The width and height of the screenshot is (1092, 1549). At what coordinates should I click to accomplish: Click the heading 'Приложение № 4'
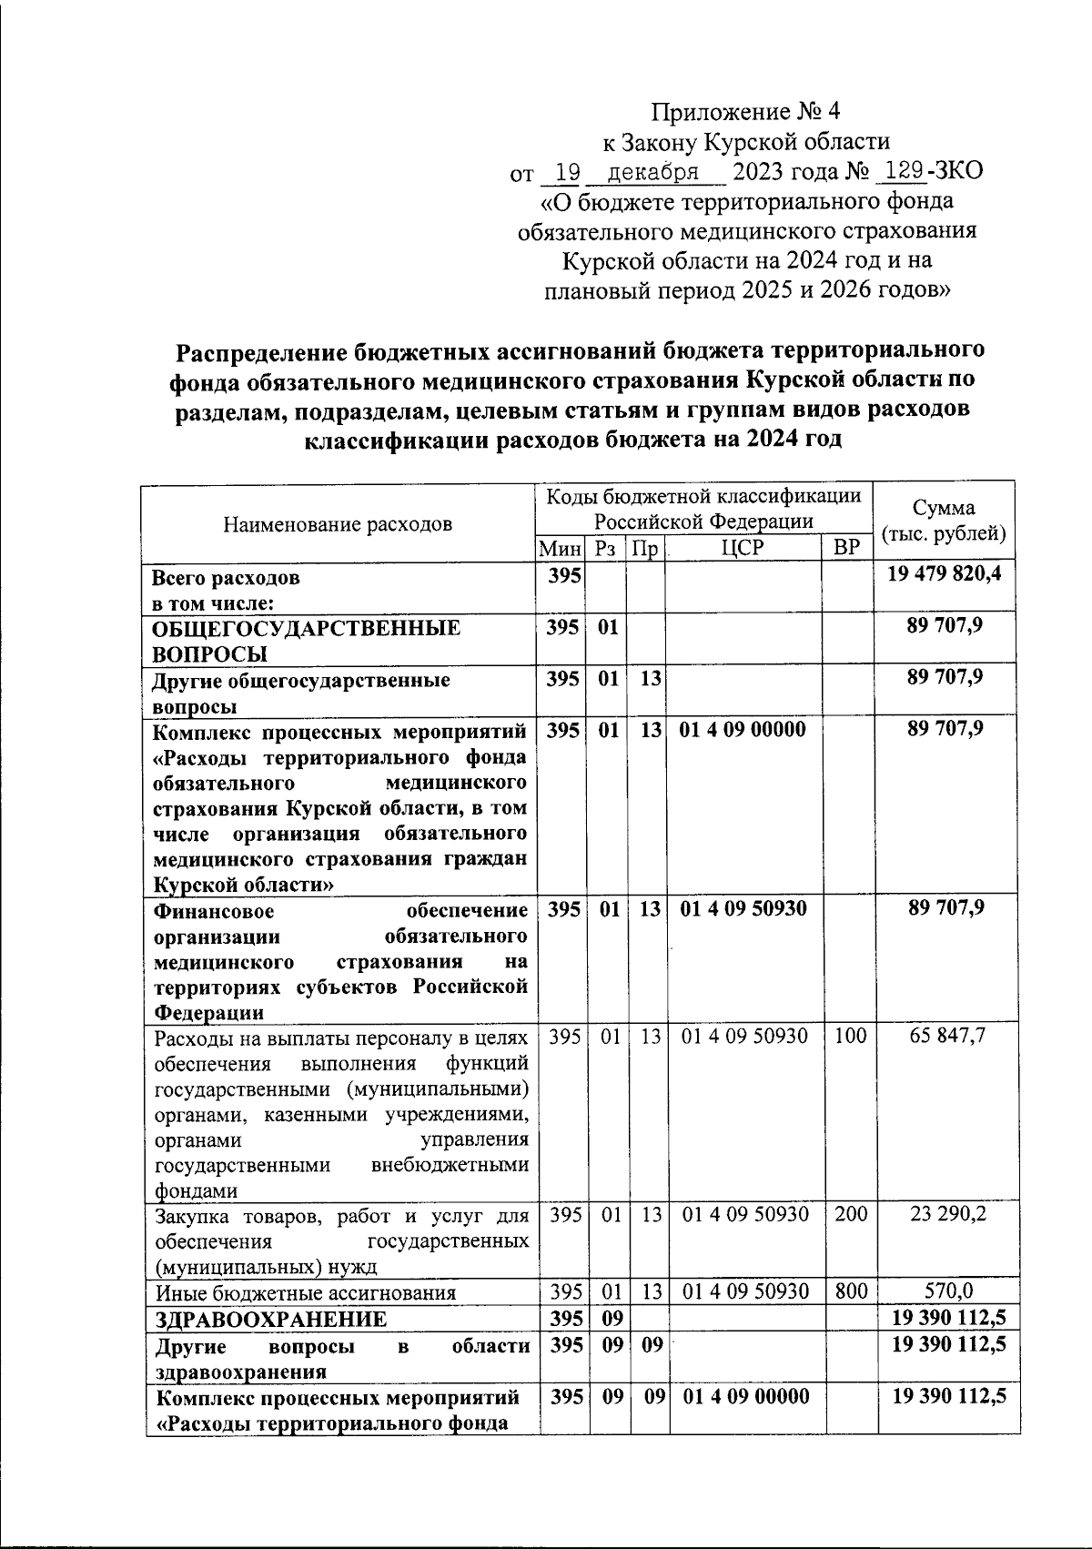[746, 112]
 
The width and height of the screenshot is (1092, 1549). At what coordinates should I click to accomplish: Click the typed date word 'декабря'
[653, 172]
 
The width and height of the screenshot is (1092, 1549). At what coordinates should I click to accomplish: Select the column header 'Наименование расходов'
[338, 523]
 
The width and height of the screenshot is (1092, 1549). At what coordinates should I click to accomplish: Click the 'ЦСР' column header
[743, 548]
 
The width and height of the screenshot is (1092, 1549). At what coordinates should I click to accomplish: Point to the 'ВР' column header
[846, 548]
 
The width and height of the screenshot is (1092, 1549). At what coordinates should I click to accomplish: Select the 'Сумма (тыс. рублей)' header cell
[944, 521]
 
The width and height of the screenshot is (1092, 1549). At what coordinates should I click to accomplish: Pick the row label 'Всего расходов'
[225, 578]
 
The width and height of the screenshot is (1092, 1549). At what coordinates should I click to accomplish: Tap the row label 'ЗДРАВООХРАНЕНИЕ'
[270, 1319]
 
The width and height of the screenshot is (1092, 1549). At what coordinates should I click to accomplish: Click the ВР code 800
[850, 1291]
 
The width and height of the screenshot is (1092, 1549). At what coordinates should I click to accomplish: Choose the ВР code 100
[850, 1036]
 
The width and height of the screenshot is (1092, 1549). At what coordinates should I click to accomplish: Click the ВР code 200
[850, 1214]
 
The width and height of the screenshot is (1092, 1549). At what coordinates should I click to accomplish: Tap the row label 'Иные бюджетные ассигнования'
[305, 1292]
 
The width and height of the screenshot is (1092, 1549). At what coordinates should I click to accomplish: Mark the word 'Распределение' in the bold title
[260, 351]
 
